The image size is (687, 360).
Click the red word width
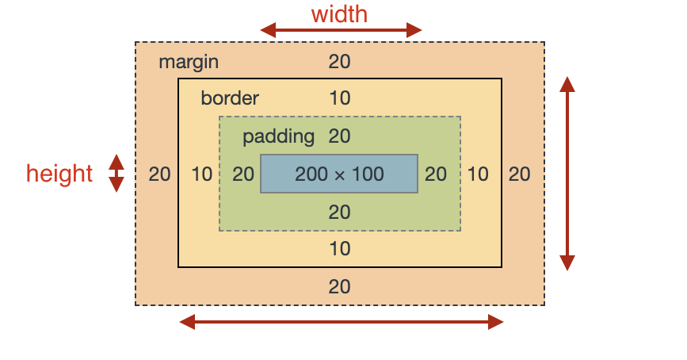coord(339,14)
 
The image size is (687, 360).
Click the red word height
coord(59,173)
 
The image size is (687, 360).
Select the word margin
coord(189,62)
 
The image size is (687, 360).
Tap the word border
coord(230,98)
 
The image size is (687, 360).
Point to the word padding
coord(278,136)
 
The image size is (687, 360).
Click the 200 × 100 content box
coord(339,174)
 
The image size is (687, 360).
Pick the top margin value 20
coord(339,62)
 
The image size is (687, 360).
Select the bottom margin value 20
coord(339,286)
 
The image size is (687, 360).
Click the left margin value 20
coord(159,174)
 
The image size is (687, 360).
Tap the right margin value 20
coord(519,174)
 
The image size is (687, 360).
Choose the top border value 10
coord(339,98)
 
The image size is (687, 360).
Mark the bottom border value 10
coord(339,249)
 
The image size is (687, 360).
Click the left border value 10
coord(202,174)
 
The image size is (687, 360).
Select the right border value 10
coord(477,174)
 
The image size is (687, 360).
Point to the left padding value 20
coord(243,174)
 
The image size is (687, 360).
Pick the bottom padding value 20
coord(339,212)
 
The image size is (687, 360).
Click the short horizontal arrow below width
coord(341,31)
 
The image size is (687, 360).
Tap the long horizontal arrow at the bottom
coord(341,321)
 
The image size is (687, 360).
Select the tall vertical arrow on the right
coord(567,174)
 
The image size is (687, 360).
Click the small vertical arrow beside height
coord(116,173)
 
